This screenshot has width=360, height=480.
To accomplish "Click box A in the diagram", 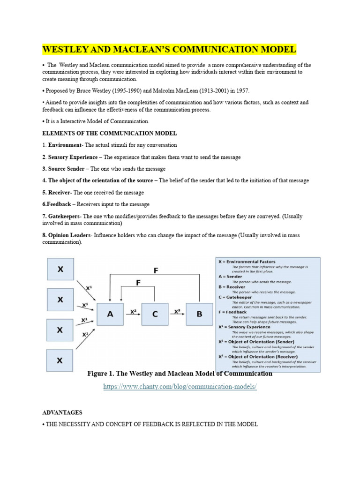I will pos(110,314).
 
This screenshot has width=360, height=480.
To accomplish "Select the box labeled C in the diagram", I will pos(155,314).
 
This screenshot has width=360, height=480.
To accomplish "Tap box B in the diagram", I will pos(199,314).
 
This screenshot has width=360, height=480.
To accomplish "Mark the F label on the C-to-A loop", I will pos(138,283).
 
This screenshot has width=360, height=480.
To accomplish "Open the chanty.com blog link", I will pos(180,386).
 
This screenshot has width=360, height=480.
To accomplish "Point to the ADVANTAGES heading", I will pos(62,412).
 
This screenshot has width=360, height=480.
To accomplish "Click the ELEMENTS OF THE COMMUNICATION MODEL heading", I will pos(110,134).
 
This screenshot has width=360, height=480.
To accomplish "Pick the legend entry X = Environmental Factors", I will pos(247,262).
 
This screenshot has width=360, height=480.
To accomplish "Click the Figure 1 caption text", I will pos(180,374).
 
